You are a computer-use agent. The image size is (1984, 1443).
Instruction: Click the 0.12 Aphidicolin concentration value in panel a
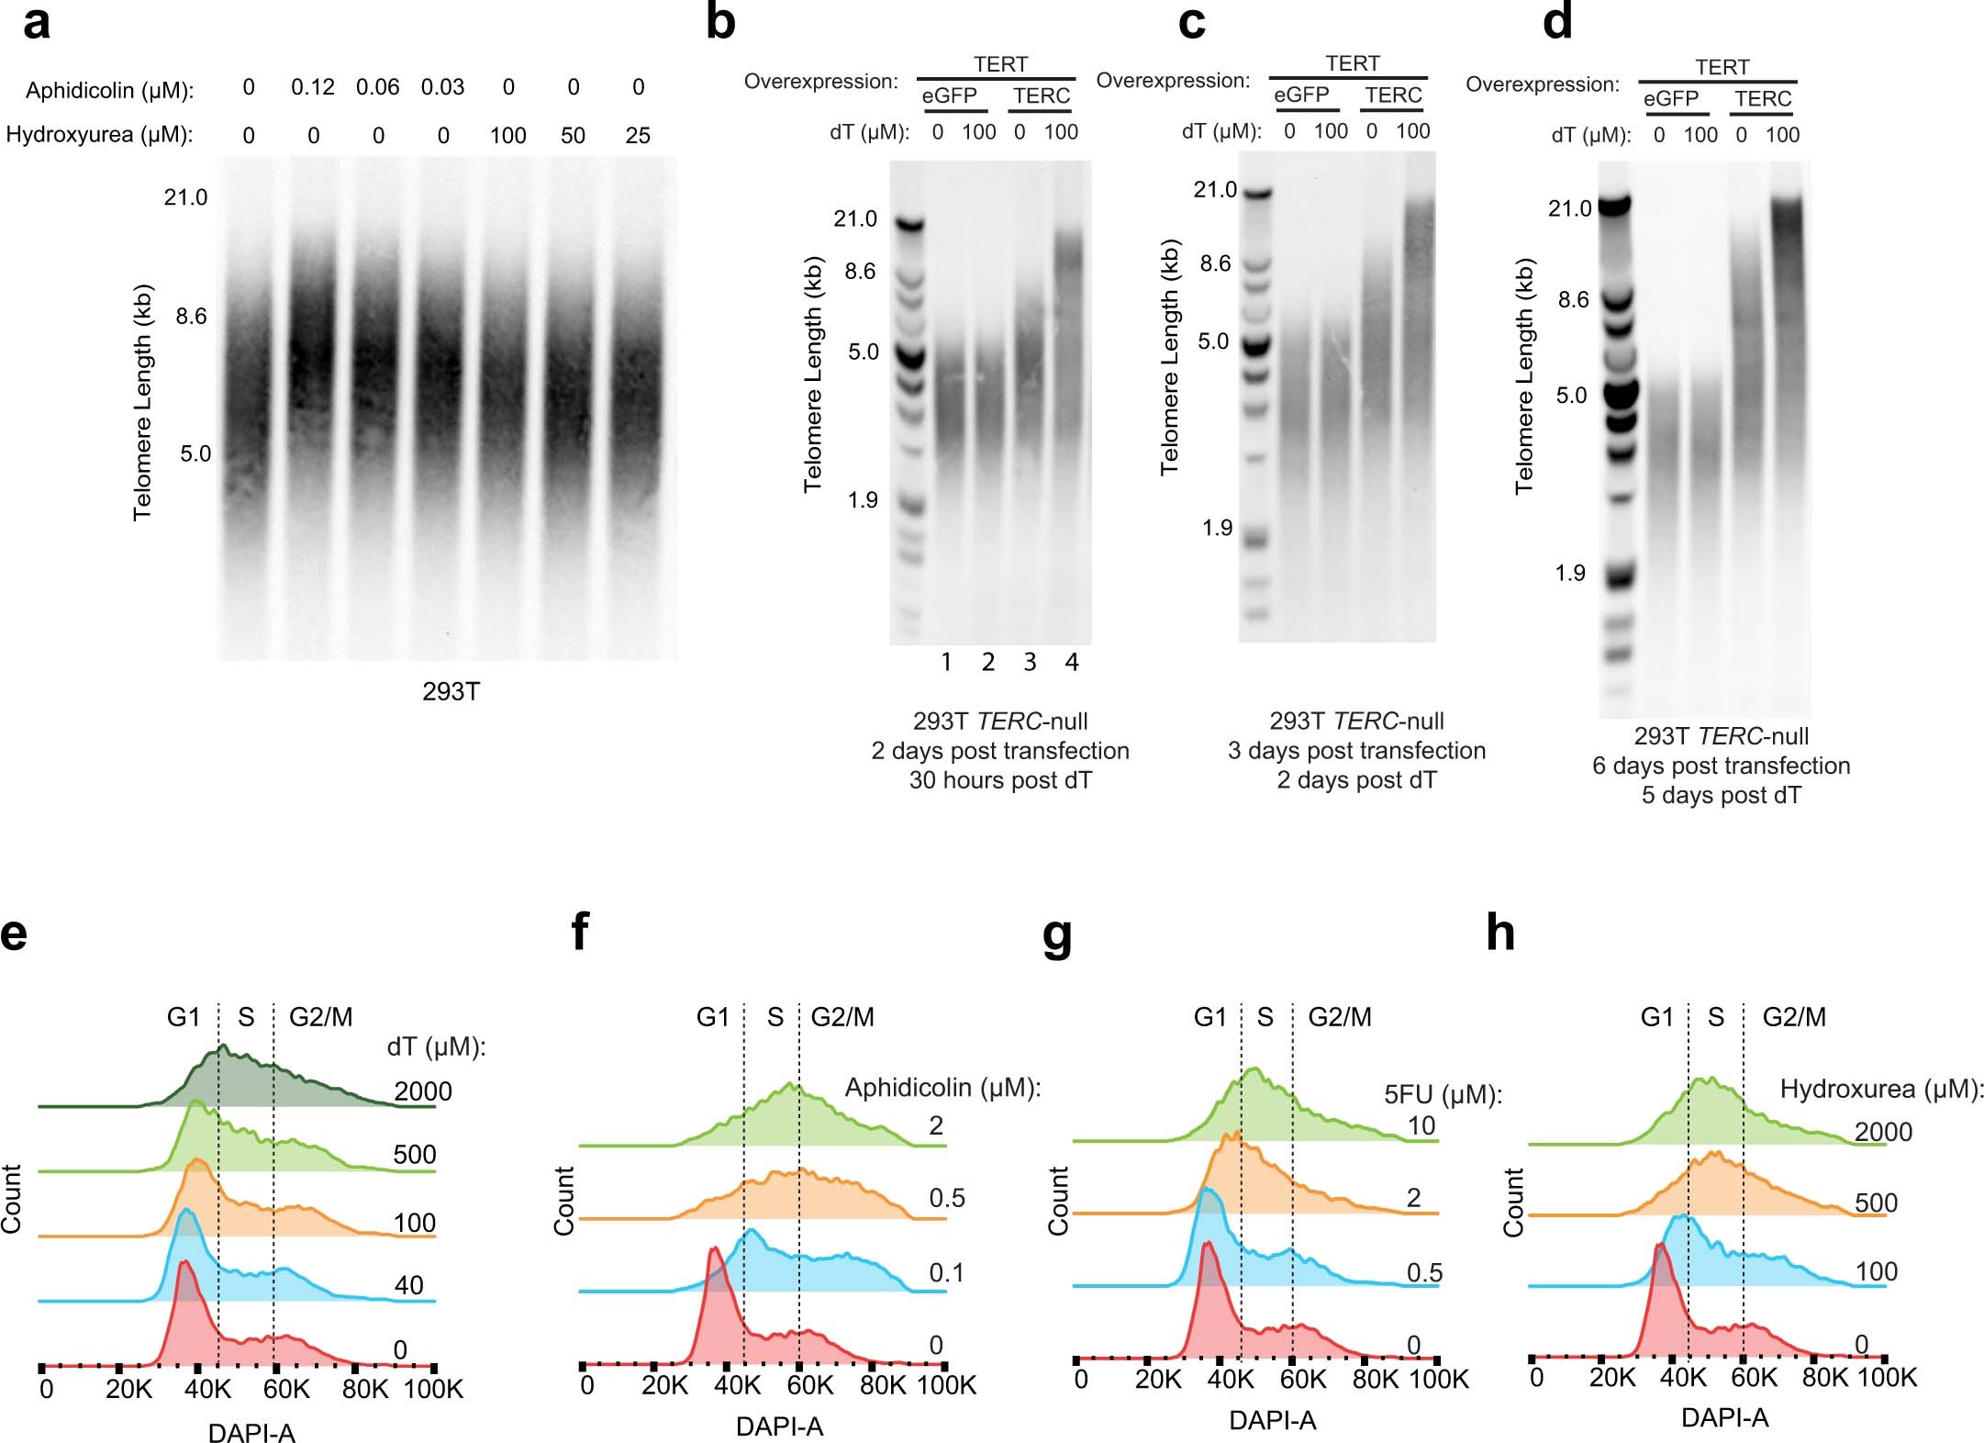(x=312, y=88)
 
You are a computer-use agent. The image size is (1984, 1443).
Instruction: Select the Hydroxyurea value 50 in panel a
(x=573, y=136)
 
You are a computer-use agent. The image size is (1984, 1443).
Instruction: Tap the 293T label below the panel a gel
(x=451, y=692)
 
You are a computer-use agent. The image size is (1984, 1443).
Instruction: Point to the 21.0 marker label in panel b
(x=854, y=218)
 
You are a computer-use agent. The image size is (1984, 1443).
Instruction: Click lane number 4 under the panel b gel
(x=1071, y=663)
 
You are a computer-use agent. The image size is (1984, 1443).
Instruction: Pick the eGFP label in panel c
(x=1300, y=95)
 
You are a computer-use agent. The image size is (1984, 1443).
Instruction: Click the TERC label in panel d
(x=1762, y=99)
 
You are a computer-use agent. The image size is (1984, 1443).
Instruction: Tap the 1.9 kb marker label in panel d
(x=1569, y=574)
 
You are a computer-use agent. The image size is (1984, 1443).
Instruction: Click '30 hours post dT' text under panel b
(x=1000, y=780)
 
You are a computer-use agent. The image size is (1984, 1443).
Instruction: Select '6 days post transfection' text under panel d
(x=1721, y=766)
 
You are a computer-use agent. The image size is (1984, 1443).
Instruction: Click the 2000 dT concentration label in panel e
(x=422, y=1091)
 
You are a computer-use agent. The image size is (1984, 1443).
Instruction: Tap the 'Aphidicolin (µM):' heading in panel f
(x=942, y=1088)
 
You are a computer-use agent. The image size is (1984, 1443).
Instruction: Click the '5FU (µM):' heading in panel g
(x=1443, y=1094)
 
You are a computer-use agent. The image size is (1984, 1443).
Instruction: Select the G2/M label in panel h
(x=1793, y=1017)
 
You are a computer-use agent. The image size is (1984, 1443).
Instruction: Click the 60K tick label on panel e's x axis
(x=286, y=1390)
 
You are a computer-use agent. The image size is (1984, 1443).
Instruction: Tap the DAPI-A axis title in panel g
(x=1272, y=1421)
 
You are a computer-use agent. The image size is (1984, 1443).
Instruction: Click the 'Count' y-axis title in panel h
(x=1512, y=1202)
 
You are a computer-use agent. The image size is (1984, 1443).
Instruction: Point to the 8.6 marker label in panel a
(x=191, y=317)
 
